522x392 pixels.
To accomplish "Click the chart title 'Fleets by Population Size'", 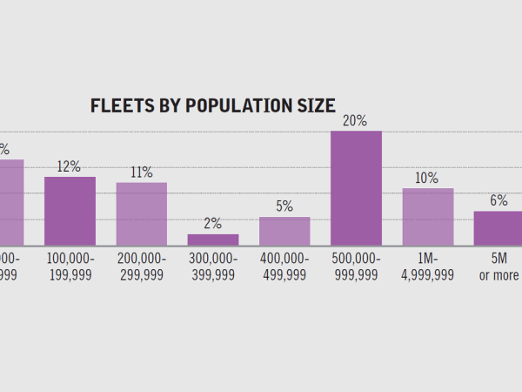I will [212, 106].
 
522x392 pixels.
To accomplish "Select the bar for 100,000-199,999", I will [70, 211].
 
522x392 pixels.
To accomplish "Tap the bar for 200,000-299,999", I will [142, 213].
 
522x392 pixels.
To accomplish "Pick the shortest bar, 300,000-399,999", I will [213, 240].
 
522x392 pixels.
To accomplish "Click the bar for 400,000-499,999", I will [284, 231].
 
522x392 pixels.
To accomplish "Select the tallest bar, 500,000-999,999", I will [356, 188].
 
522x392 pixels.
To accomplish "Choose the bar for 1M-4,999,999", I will [427, 217].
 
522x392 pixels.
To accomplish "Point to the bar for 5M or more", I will [498, 228].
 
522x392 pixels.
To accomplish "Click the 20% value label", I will [355, 121].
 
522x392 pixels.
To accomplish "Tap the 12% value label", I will [70, 166].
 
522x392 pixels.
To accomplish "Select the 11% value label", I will [142, 172].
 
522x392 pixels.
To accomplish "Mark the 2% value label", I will [213, 224].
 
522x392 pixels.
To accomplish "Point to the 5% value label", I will [284, 206].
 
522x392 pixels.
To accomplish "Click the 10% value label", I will [427, 178].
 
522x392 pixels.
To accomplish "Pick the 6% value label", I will [499, 200].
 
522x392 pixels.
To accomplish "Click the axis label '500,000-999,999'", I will [355, 267].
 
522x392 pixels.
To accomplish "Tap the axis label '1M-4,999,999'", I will [427, 267].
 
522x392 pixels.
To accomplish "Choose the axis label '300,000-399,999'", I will [213, 267].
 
